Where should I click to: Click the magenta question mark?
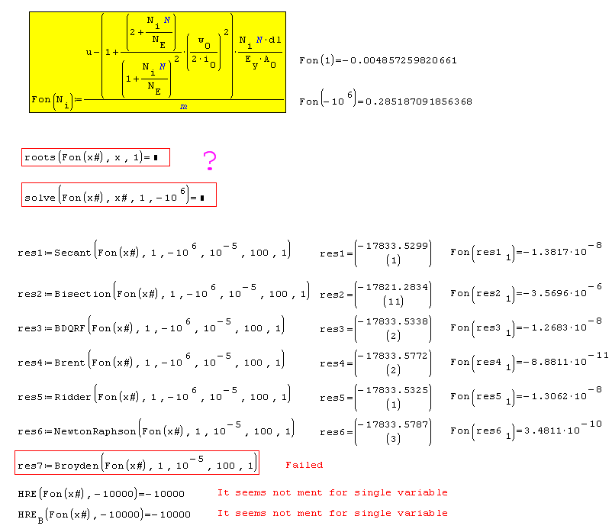pos(210,160)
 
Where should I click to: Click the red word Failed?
pos(304,465)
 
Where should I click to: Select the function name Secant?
pos(73,253)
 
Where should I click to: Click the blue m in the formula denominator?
pos(184,108)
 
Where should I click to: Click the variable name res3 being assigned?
pos(30,328)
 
